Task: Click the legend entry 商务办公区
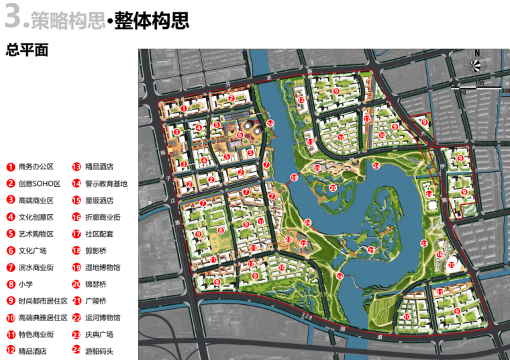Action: click(x=31, y=167)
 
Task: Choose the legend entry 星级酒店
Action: click(x=94, y=200)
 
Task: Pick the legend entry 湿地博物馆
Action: click(x=98, y=267)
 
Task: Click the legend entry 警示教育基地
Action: click(x=101, y=183)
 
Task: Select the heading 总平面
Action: click(x=27, y=50)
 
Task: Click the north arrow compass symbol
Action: click(x=476, y=64)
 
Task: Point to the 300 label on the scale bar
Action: click(x=505, y=90)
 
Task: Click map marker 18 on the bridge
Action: click(x=293, y=177)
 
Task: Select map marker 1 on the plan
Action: click(x=184, y=108)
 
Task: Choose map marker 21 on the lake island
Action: click(x=370, y=250)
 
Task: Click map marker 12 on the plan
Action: click(x=301, y=101)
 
